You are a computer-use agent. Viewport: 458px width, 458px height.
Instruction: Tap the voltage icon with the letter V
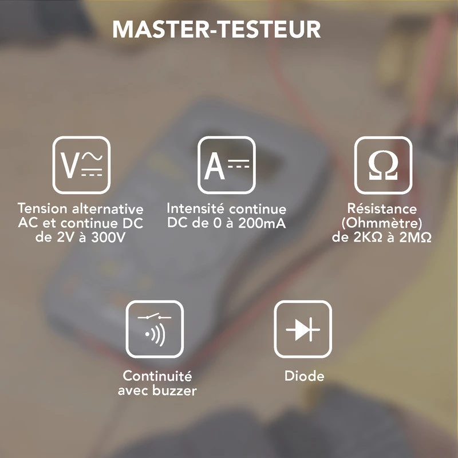coord(81,164)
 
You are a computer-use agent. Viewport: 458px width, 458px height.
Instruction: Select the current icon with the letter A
coord(227,164)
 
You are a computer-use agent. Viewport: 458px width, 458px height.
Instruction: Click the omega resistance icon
coord(383,164)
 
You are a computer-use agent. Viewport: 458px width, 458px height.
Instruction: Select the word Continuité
coord(157,377)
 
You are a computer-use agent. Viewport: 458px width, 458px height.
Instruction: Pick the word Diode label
coord(304,377)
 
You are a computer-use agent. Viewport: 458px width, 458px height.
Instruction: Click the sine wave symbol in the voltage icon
coord(92,156)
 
